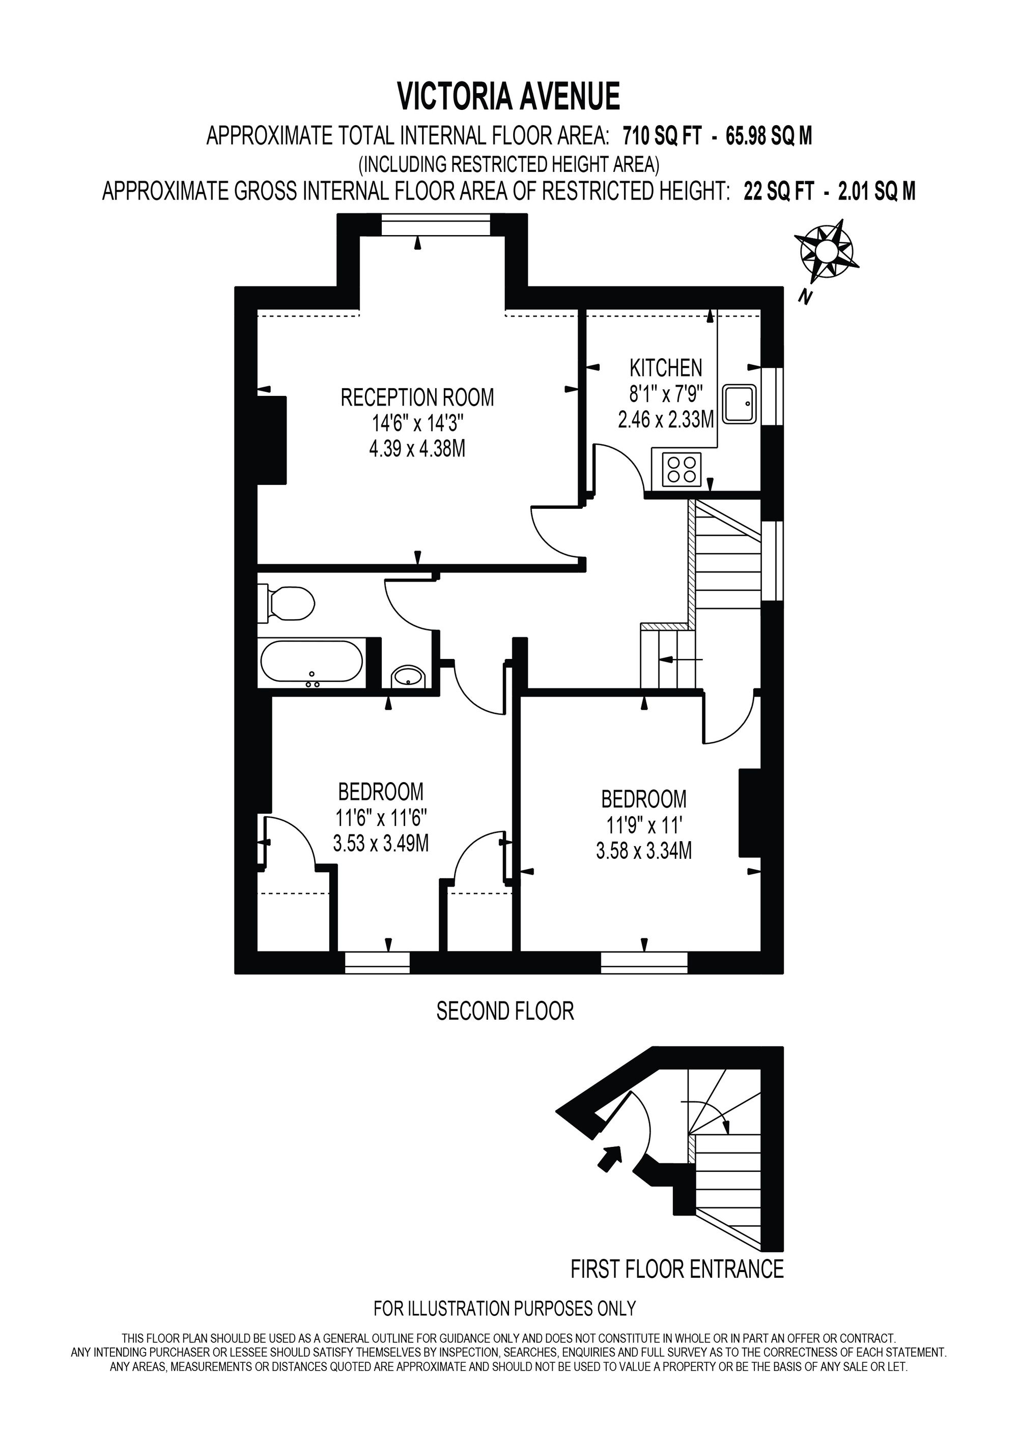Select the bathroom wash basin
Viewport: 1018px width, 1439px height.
pos(409,676)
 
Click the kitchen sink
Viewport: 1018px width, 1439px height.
pos(740,403)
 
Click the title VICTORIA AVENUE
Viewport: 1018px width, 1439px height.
pos(509,97)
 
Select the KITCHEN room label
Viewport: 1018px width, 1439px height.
pos(666,368)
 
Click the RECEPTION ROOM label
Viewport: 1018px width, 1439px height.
pos(417,397)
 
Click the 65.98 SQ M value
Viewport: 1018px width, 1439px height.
pos(769,135)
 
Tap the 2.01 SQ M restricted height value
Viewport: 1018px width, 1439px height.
pos(877,190)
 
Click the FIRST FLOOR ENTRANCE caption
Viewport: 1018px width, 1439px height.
pos(677,1269)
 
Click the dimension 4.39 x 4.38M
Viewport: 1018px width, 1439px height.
pos(417,449)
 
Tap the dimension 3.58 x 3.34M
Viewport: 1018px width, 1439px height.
pos(644,850)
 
